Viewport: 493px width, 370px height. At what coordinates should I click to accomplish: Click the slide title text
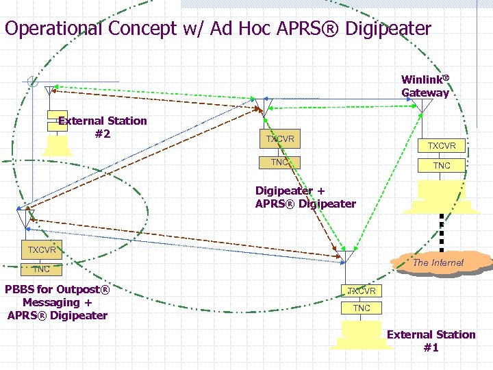tap(218, 29)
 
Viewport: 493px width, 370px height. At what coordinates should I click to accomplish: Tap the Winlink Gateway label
tap(425, 86)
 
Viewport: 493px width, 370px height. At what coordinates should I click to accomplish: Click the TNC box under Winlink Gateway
tap(442, 165)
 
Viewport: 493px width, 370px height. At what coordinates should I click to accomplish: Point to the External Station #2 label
tap(103, 127)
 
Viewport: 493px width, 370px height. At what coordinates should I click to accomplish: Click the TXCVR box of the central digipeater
tap(281, 139)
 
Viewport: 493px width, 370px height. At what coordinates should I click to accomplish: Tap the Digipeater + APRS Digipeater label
tap(305, 197)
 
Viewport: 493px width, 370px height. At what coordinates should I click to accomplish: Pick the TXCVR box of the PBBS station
tap(42, 249)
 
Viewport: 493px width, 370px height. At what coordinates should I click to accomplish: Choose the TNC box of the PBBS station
tap(41, 269)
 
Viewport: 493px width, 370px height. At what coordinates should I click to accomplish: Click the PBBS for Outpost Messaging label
tap(58, 302)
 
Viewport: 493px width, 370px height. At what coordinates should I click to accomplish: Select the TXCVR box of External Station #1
tap(361, 291)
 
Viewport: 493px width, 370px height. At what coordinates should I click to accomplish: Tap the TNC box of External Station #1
tap(361, 308)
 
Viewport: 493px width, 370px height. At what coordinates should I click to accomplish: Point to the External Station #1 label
tap(431, 341)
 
